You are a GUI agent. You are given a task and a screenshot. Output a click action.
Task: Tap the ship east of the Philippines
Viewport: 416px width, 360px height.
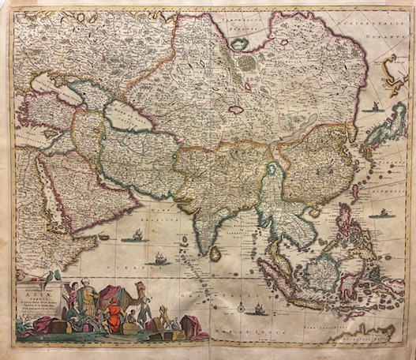[x=382, y=213]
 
